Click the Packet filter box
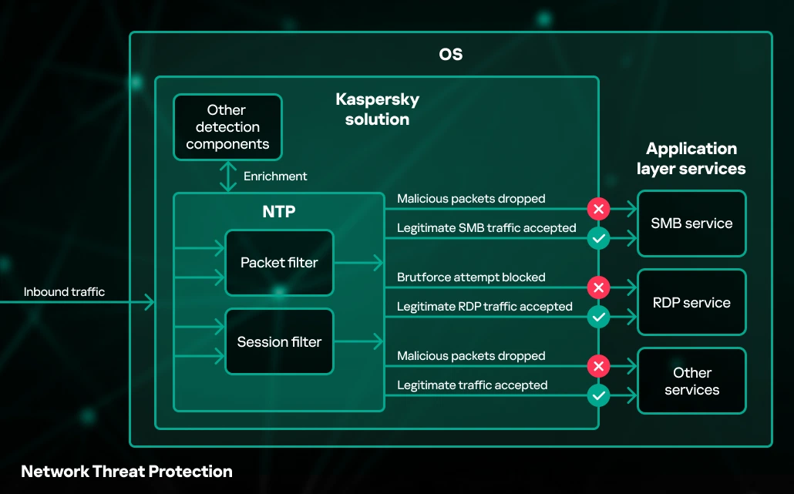pyautogui.click(x=279, y=263)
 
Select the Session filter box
pyautogui.click(x=279, y=341)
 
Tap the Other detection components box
pyautogui.click(x=227, y=127)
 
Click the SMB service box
pyautogui.click(x=691, y=223)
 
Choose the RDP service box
pyautogui.click(x=691, y=302)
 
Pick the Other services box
pyautogui.click(x=691, y=381)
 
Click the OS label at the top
pyautogui.click(x=451, y=54)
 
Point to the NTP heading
pyautogui.click(x=279, y=212)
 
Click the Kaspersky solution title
pyautogui.click(x=377, y=109)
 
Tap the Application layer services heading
pyautogui.click(x=691, y=159)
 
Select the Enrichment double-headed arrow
pyautogui.click(x=228, y=176)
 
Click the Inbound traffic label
pyautogui.click(x=64, y=292)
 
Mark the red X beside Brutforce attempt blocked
pyautogui.click(x=598, y=287)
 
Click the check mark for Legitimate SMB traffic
pyautogui.click(x=598, y=238)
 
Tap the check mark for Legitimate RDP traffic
pyautogui.click(x=598, y=317)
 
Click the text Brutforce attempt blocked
pyautogui.click(x=471, y=277)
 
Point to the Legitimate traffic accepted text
pyautogui.click(x=472, y=385)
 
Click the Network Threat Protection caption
pyautogui.click(x=126, y=472)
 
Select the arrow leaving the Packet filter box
pyautogui.click(x=358, y=263)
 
